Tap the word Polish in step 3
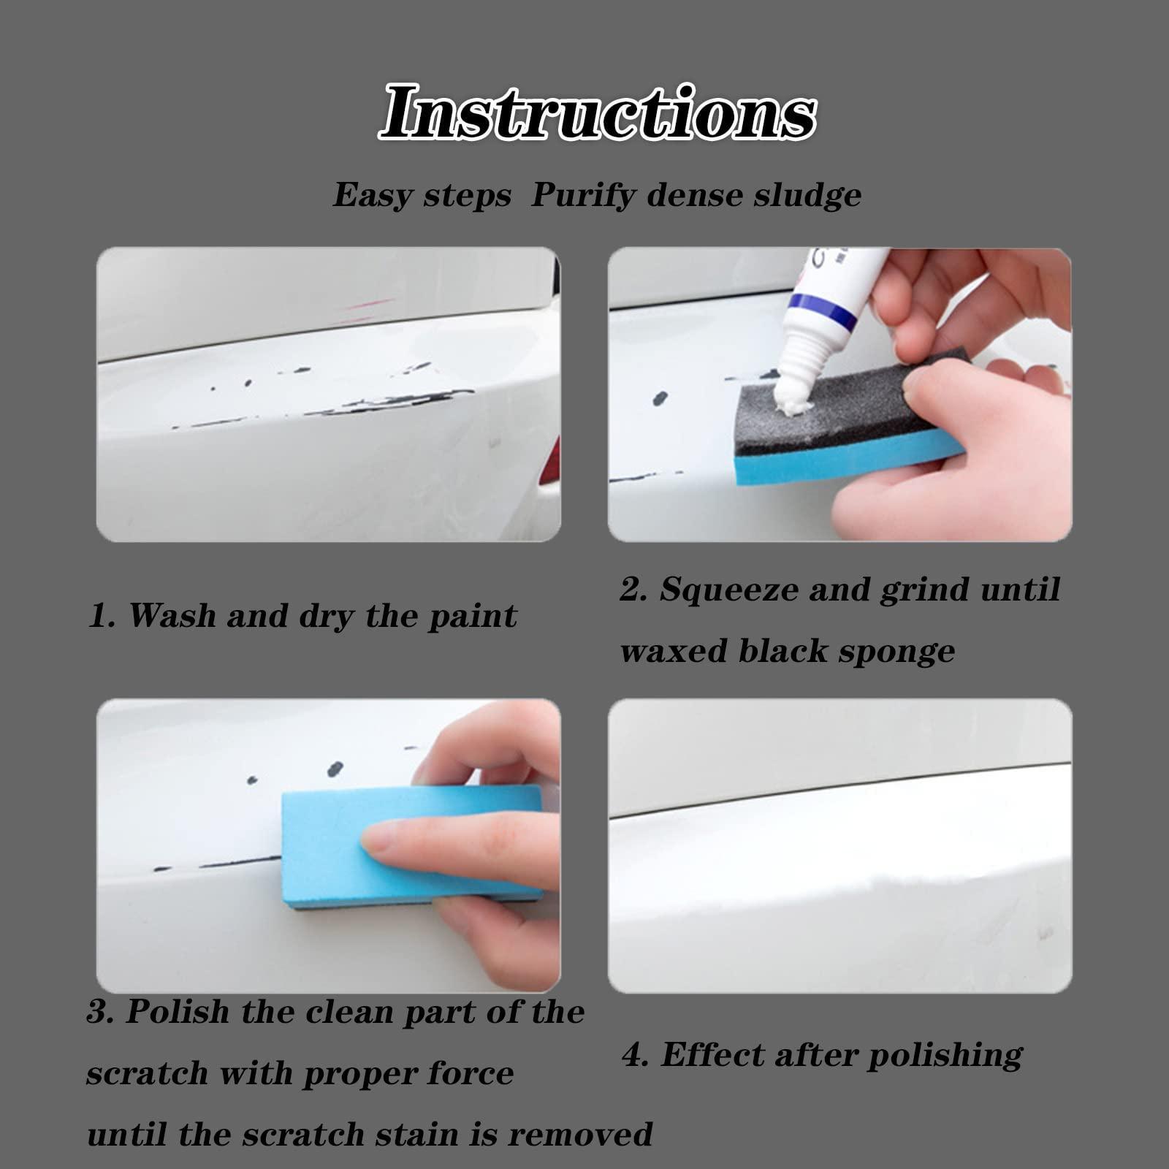(177, 1012)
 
